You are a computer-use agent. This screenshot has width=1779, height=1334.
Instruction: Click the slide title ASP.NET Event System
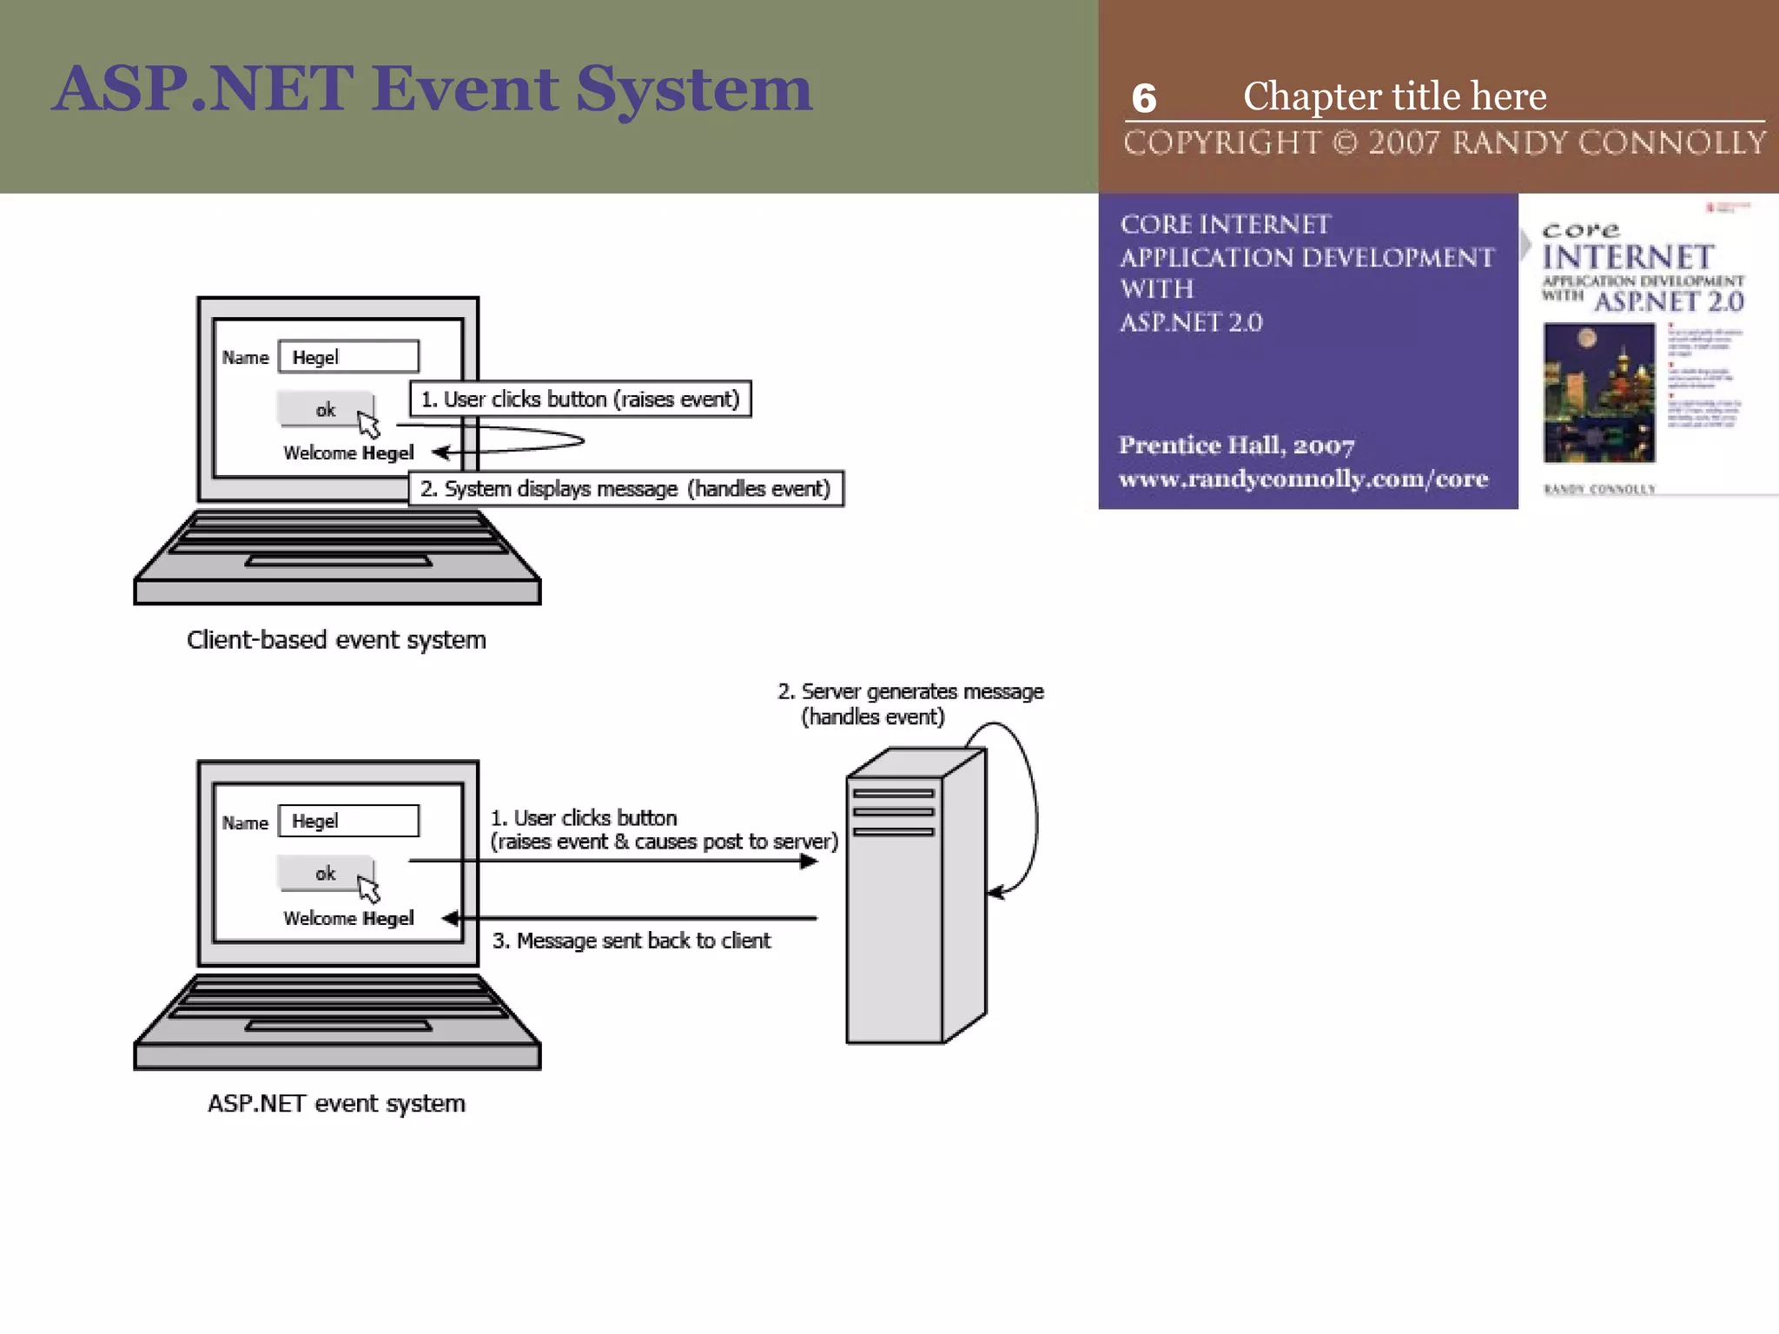point(432,89)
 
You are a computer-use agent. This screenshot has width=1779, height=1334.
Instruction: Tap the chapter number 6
point(1143,98)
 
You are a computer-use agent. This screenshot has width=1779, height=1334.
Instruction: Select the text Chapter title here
point(1394,96)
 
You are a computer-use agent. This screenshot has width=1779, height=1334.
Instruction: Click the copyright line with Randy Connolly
point(1444,143)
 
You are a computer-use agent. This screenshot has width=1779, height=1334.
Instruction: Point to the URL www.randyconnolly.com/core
point(1303,479)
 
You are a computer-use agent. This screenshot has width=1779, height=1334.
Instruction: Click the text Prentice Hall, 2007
point(1236,446)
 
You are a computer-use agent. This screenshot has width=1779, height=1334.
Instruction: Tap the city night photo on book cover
point(1598,393)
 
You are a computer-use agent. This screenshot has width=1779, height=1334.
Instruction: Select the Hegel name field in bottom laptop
point(348,821)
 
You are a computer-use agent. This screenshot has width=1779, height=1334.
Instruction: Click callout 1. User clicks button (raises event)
point(580,400)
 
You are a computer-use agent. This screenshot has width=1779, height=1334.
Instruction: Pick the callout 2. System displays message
point(625,489)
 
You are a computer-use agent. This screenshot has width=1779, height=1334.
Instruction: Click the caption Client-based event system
point(336,640)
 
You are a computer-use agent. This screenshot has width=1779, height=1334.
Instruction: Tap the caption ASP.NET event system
point(336,1104)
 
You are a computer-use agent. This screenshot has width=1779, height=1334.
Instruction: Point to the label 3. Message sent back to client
point(632,941)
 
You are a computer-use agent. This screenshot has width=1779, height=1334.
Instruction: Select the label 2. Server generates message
point(909,703)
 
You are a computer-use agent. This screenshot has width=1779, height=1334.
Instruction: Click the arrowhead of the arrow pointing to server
point(809,862)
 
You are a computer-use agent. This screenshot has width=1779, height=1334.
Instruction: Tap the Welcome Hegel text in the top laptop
point(348,453)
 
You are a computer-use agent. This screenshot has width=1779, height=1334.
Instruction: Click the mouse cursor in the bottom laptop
point(369,889)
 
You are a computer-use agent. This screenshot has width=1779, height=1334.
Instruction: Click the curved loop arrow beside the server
point(1033,808)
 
